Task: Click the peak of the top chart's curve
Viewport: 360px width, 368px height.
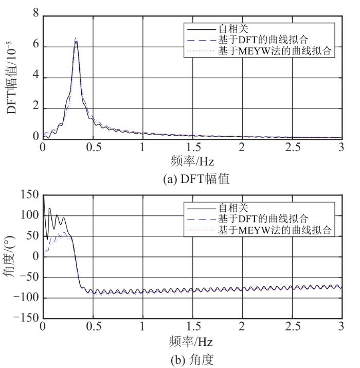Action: (x=76, y=39)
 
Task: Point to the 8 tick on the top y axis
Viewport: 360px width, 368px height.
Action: (x=35, y=15)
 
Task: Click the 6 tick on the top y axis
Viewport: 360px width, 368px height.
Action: (x=35, y=46)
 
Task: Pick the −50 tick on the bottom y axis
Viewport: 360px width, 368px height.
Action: (x=28, y=278)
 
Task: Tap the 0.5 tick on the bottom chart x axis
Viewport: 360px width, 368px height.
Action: (x=92, y=327)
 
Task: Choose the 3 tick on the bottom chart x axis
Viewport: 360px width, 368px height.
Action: (x=341, y=327)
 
